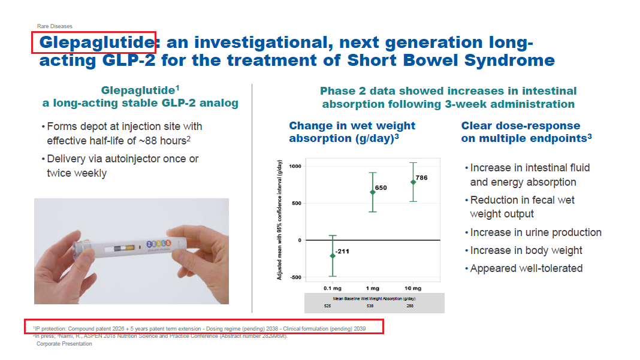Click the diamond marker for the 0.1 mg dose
click(x=333, y=256)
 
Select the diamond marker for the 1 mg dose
click(x=373, y=192)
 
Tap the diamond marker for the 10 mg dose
click(x=413, y=182)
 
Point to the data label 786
click(x=422, y=177)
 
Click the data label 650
click(x=381, y=187)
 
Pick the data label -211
click(x=342, y=252)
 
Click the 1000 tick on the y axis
click(x=295, y=166)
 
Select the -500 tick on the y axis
click(x=296, y=277)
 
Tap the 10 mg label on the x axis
click(x=413, y=288)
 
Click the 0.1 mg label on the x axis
click(x=333, y=288)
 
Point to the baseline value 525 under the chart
click(x=328, y=305)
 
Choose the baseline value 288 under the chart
click(x=410, y=305)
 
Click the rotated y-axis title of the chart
click(x=280, y=220)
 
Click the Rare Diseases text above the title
click(x=55, y=26)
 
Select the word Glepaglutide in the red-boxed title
click(x=96, y=43)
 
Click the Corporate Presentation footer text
click(x=64, y=344)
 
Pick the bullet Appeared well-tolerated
click(x=526, y=268)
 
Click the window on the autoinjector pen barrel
click(x=120, y=249)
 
